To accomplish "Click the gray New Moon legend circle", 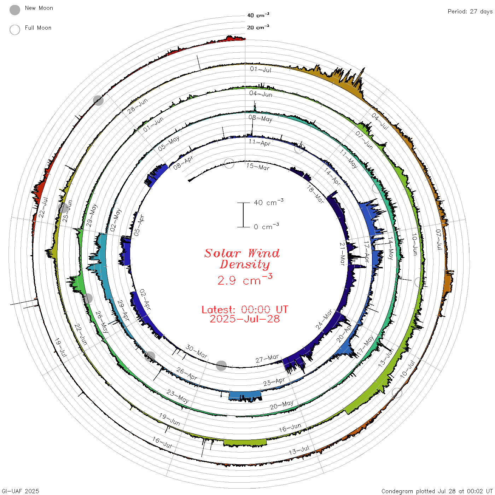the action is (15, 10).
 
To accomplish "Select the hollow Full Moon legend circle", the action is (15, 30).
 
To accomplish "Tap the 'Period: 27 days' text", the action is (470, 12).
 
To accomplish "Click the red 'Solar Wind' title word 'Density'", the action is (245, 264).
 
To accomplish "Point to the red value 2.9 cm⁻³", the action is (245, 280).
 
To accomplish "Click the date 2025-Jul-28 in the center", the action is (245, 319).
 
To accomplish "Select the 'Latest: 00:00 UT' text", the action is (245, 309).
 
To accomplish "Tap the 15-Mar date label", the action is (258, 167).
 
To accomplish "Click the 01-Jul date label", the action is (261, 69).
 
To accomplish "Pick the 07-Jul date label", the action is (439, 239).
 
